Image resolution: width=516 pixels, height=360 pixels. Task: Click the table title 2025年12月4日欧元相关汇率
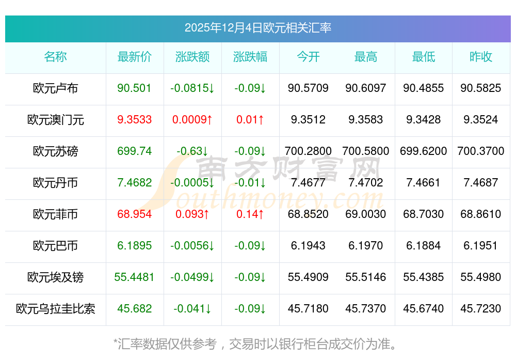pyautogui.click(x=258, y=28)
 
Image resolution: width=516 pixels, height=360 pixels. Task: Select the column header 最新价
pyautogui.click(x=135, y=57)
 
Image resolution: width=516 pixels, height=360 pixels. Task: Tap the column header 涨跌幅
pyautogui.click(x=250, y=57)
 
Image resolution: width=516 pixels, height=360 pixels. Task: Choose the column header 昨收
pyautogui.click(x=481, y=57)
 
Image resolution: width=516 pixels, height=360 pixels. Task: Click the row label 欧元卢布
pyautogui.click(x=55, y=88)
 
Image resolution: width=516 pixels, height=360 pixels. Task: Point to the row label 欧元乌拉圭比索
pyautogui.click(x=55, y=309)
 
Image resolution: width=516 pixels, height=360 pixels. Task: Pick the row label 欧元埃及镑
pyautogui.click(x=55, y=277)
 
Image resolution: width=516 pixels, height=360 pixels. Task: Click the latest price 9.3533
pyautogui.click(x=135, y=120)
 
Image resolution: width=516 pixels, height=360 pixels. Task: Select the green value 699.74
pyautogui.click(x=135, y=151)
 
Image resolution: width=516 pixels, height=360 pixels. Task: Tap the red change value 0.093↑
pyautogui.click(x=192, y=214)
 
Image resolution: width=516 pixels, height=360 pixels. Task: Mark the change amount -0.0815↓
pyautogui.click(x=192, y=88)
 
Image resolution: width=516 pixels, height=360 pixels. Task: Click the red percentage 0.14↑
pyautogui.click(x=250, y=214)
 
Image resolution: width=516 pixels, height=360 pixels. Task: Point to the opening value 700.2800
pyautogui.click(x=308, y=151)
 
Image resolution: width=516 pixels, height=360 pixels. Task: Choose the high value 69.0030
pyautogui.click(x=366, y=214)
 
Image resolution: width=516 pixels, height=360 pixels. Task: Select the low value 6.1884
pyautogui.click(x=424, y=246)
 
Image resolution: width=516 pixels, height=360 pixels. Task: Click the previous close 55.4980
pyautogui.click(x=481, y=277)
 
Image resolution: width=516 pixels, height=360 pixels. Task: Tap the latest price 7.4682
pyautogui.click(x=135, y=183)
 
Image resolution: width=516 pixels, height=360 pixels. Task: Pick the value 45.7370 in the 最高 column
pyautogui.click(x=366, y=309)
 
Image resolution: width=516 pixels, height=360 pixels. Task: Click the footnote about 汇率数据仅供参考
pyautogui.click(x=255, y=343)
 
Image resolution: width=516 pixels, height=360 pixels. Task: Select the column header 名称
pyautogui.click(x=55, y=57)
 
